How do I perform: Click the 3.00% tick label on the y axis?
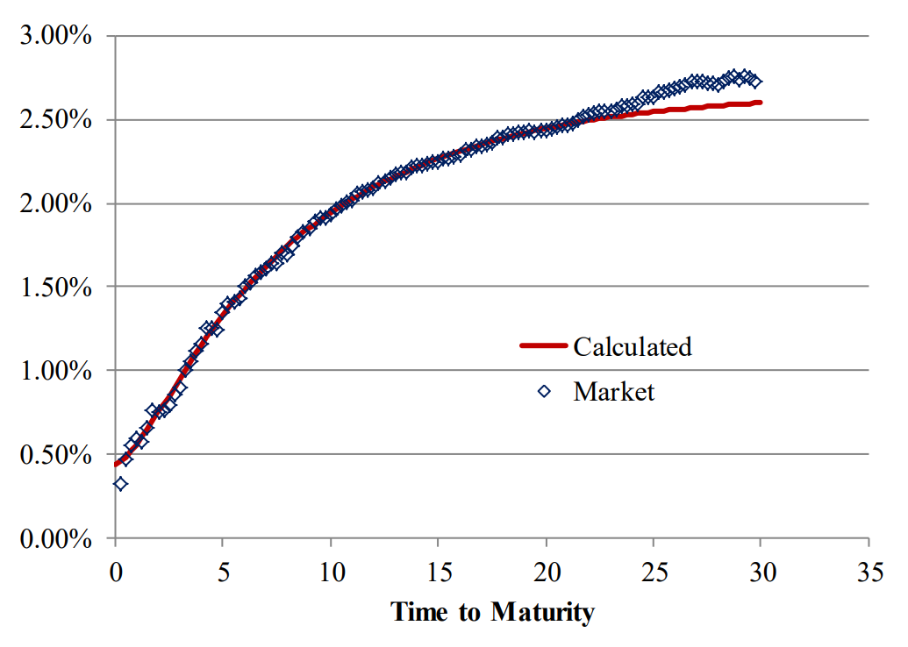55,37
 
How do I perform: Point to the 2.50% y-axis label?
55,120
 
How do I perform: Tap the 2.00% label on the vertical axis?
55,204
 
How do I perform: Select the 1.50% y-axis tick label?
55,288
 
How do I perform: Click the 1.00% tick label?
55,372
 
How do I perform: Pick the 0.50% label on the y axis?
55,455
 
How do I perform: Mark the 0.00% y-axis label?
55,539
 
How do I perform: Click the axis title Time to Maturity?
492,611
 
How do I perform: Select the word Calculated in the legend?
632,346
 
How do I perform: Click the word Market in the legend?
613,391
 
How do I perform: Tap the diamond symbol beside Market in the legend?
544,392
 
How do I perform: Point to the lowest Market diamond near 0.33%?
121,483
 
